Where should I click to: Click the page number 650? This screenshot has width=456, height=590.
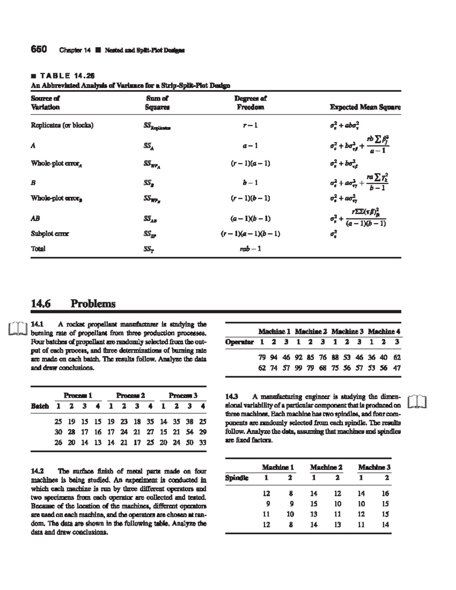tap(38, 49)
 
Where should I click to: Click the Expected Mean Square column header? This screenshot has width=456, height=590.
tap(365, 107)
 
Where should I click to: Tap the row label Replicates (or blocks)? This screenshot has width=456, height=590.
tap(62, 125)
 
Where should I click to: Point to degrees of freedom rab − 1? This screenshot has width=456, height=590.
tap(250, 249)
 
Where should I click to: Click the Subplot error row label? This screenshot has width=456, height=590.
tap(50, 234)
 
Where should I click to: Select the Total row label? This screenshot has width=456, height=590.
tap(38, 249)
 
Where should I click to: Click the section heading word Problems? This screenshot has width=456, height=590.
tap(93, 304)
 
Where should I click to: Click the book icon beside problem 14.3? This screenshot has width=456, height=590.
tap(417, 401)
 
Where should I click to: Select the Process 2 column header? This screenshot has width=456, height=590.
tap(130, 395)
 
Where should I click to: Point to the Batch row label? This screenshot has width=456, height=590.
tap(40, 406)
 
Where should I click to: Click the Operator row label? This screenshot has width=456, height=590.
tap(239, 342)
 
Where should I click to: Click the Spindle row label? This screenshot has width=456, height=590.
tap(236, 478)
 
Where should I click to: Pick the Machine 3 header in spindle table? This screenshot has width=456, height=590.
tap(374, 467)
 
